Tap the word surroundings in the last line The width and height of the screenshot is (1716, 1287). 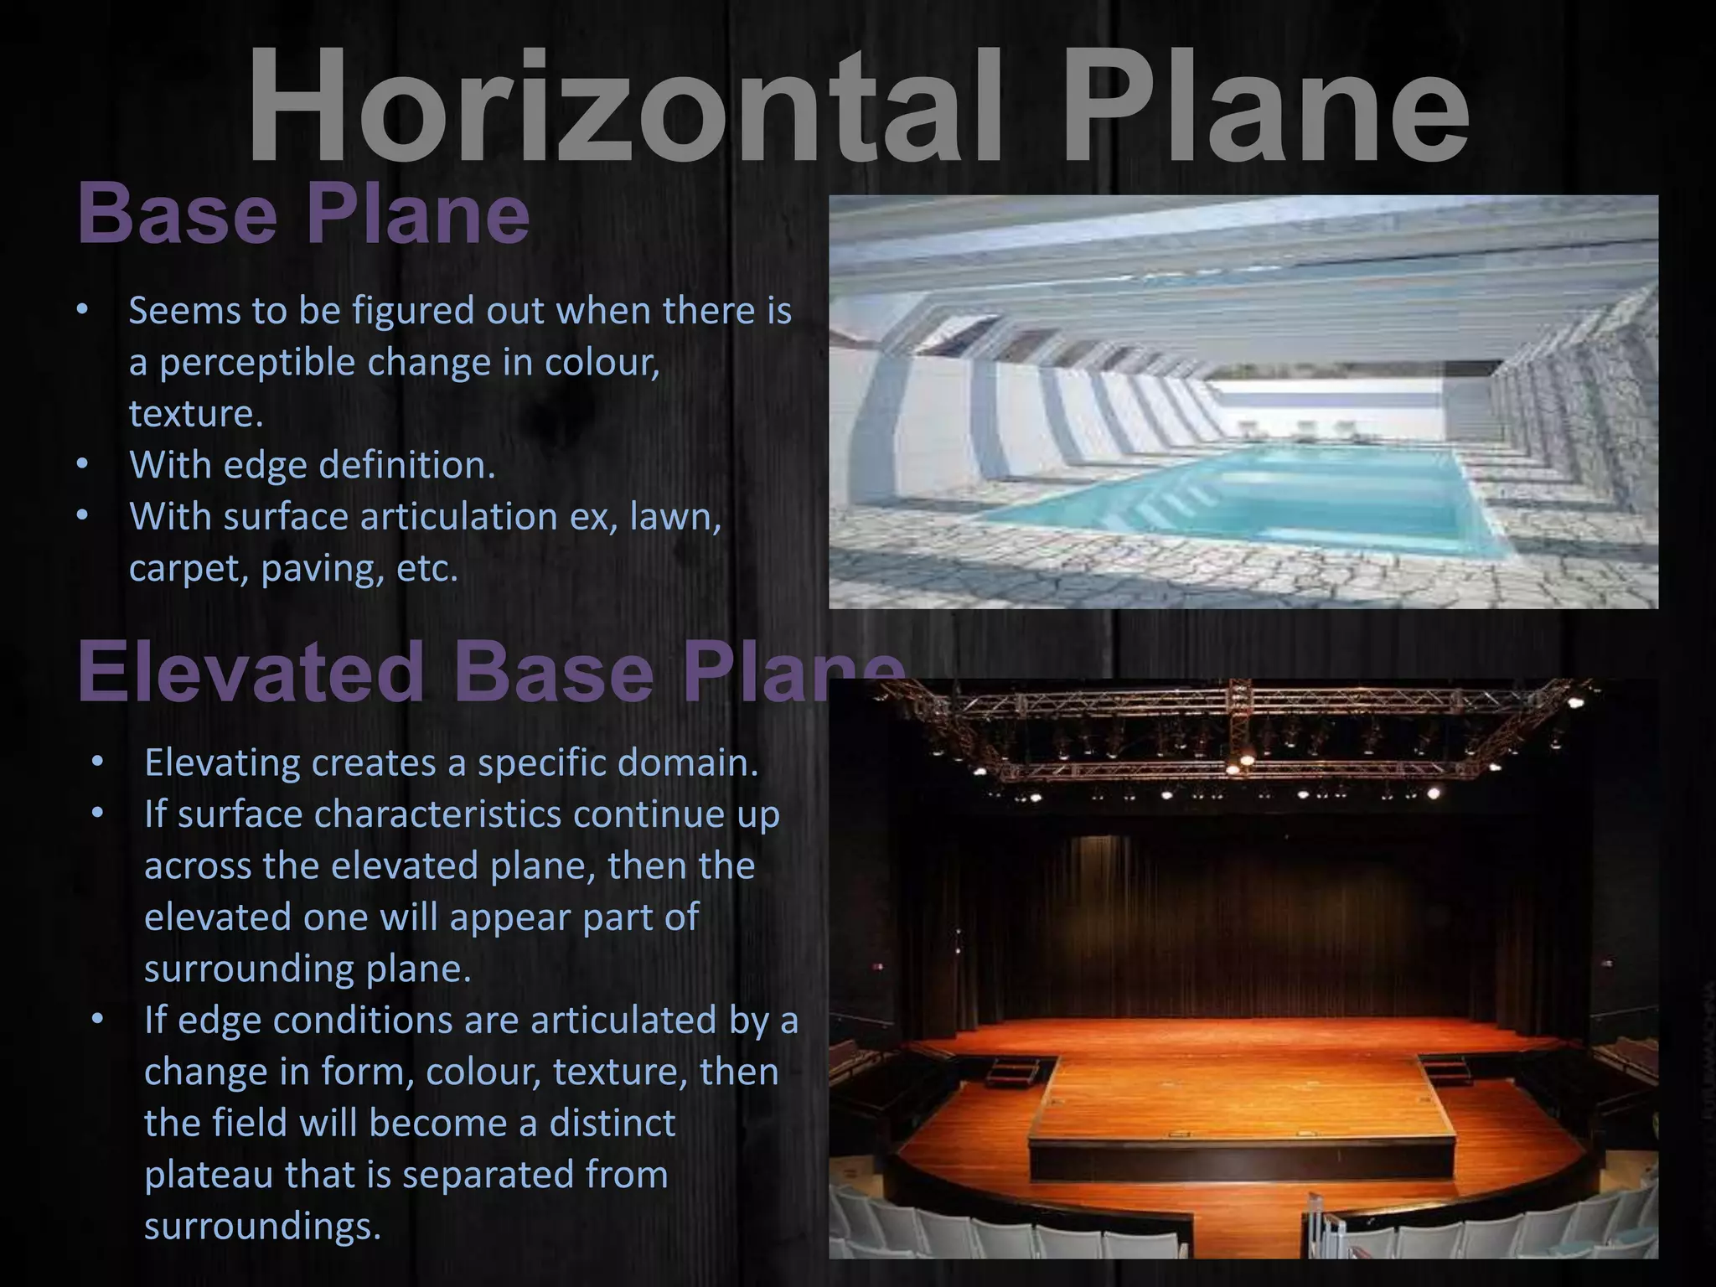point(262,1227)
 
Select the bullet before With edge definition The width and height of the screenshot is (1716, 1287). point(81,463)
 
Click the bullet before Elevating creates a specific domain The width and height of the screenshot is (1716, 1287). point(97,762)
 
